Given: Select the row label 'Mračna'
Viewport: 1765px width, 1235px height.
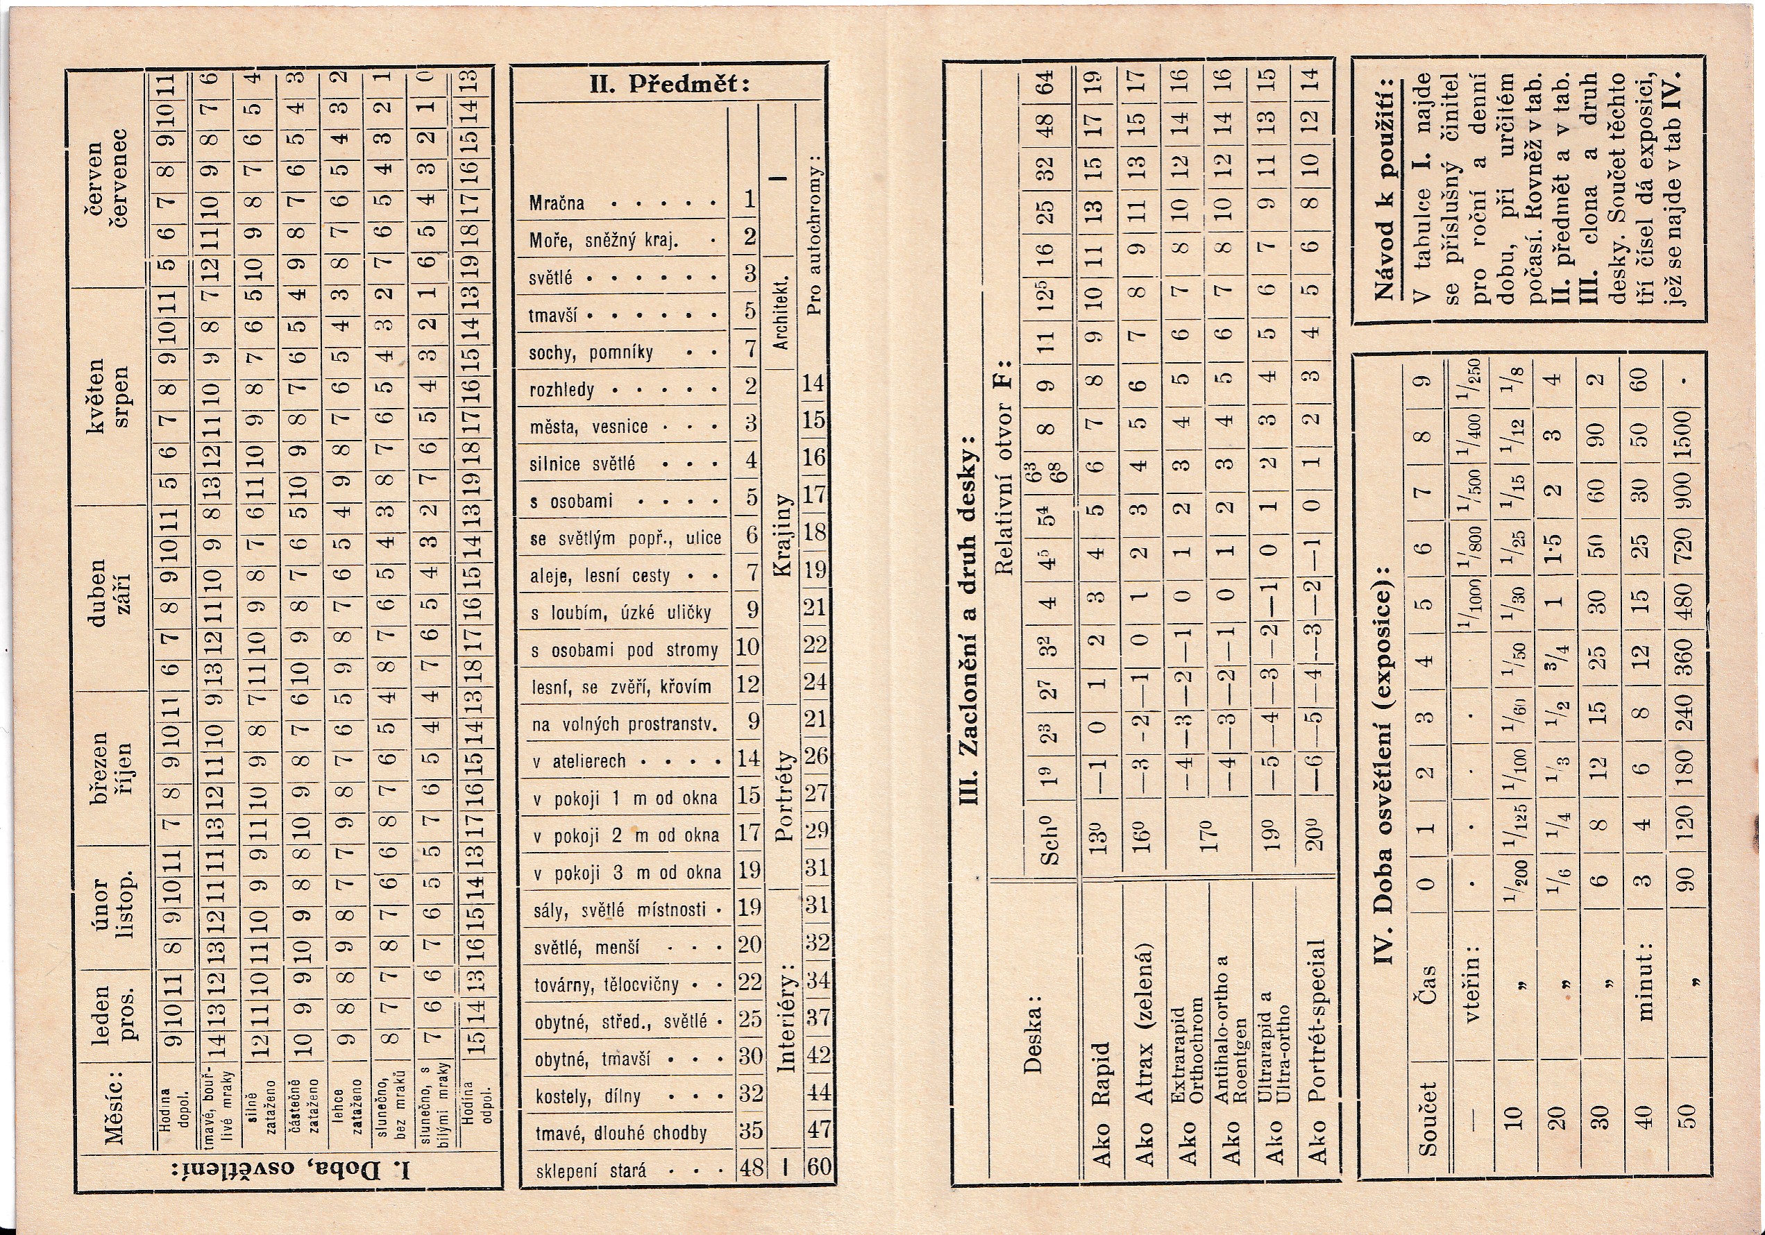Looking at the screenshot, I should click(x=557, y=204).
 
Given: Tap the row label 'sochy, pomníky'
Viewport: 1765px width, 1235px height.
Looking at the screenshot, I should click(x=591, y=352).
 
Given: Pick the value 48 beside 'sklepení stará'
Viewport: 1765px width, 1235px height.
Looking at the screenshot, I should click(x=749, y=1168).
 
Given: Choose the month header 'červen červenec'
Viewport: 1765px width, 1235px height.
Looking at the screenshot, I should click(x=108, y=184).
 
